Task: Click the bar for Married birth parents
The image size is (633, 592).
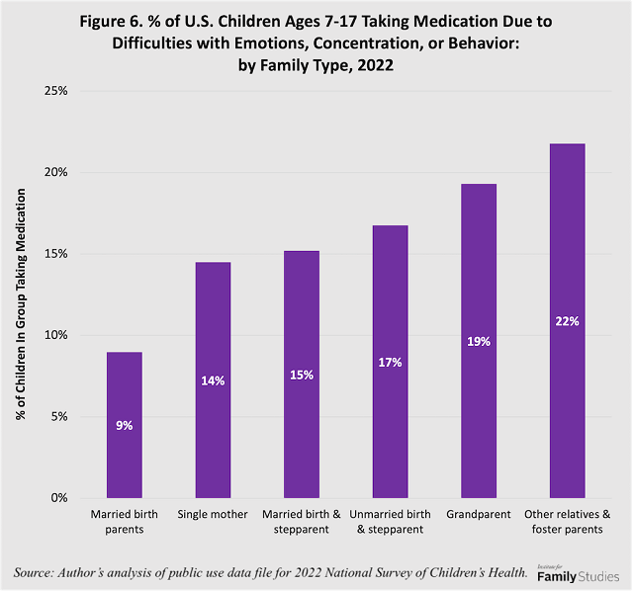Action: tap(124, 425)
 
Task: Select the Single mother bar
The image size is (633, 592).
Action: tap(213, 380)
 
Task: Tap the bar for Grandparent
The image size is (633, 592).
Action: tap(479, 341)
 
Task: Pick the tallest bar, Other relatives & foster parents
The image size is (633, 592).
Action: tap(568, 320)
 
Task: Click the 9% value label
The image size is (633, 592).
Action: tap(124, 425)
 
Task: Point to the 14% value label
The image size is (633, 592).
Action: tap(213, 381)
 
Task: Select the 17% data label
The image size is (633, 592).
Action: tap(390, 363)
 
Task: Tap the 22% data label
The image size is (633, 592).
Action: tap(568, 321)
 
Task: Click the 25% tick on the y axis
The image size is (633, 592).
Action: tap(54, 91)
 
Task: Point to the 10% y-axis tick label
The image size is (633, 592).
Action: tap(54, 335)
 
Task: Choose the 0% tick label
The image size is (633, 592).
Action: tap(57, 498)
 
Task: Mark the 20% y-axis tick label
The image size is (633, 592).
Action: tap(54, 172)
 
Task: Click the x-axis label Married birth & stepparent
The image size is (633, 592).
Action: tap(302, 522)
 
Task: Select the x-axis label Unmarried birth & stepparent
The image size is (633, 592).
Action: tap(390, 522)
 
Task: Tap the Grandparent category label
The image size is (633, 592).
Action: tap(479, 515)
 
